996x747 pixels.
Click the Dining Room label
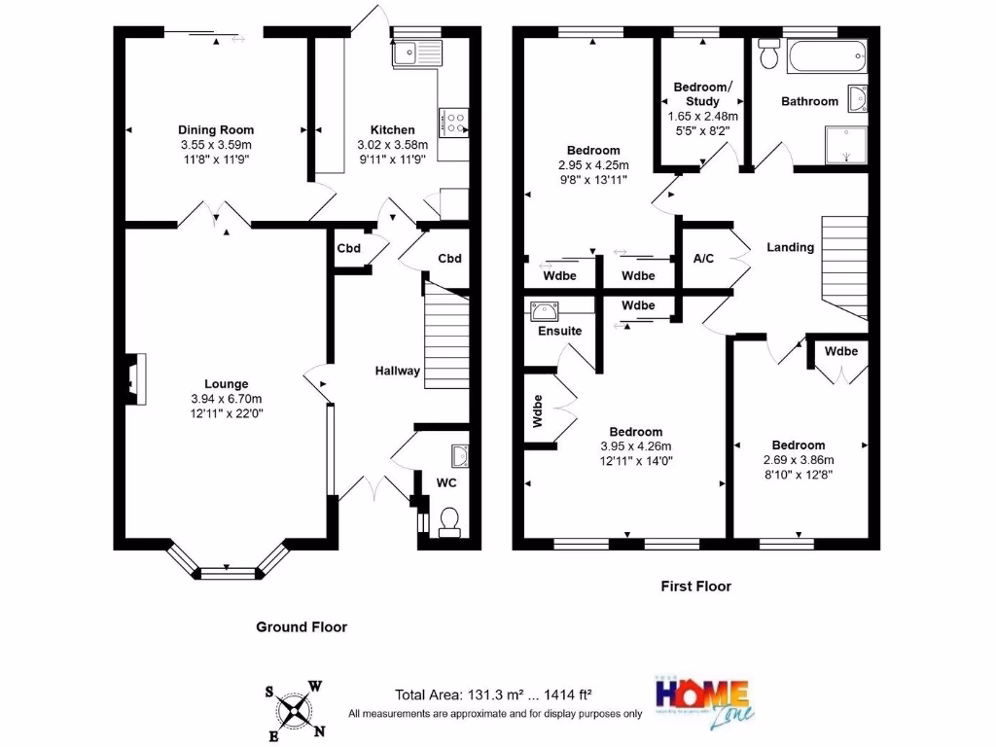click(216, 129)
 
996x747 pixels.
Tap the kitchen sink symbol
click(415, 53)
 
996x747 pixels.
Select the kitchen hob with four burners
click(453, 122)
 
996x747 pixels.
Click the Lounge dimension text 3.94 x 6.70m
click(226, 398)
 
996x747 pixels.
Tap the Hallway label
click(399, 371)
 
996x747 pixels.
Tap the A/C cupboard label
click(704, 259)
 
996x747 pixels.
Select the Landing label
click(790, 247)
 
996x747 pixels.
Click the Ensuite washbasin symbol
click(544, 311)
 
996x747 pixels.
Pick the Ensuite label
click(559, 331)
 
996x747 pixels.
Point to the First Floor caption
click(695, 587)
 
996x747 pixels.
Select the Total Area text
click(493, 695)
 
